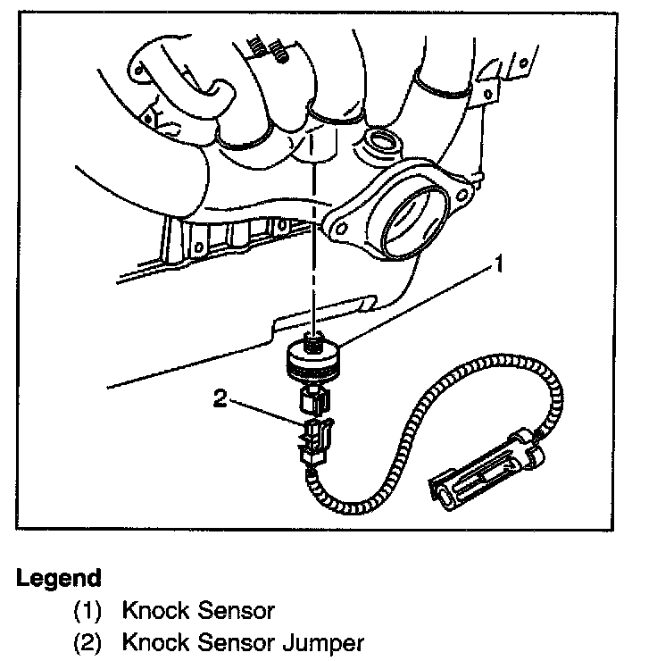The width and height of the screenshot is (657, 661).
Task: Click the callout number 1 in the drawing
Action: [503, 264]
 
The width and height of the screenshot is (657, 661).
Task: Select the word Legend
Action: [58, 578]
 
